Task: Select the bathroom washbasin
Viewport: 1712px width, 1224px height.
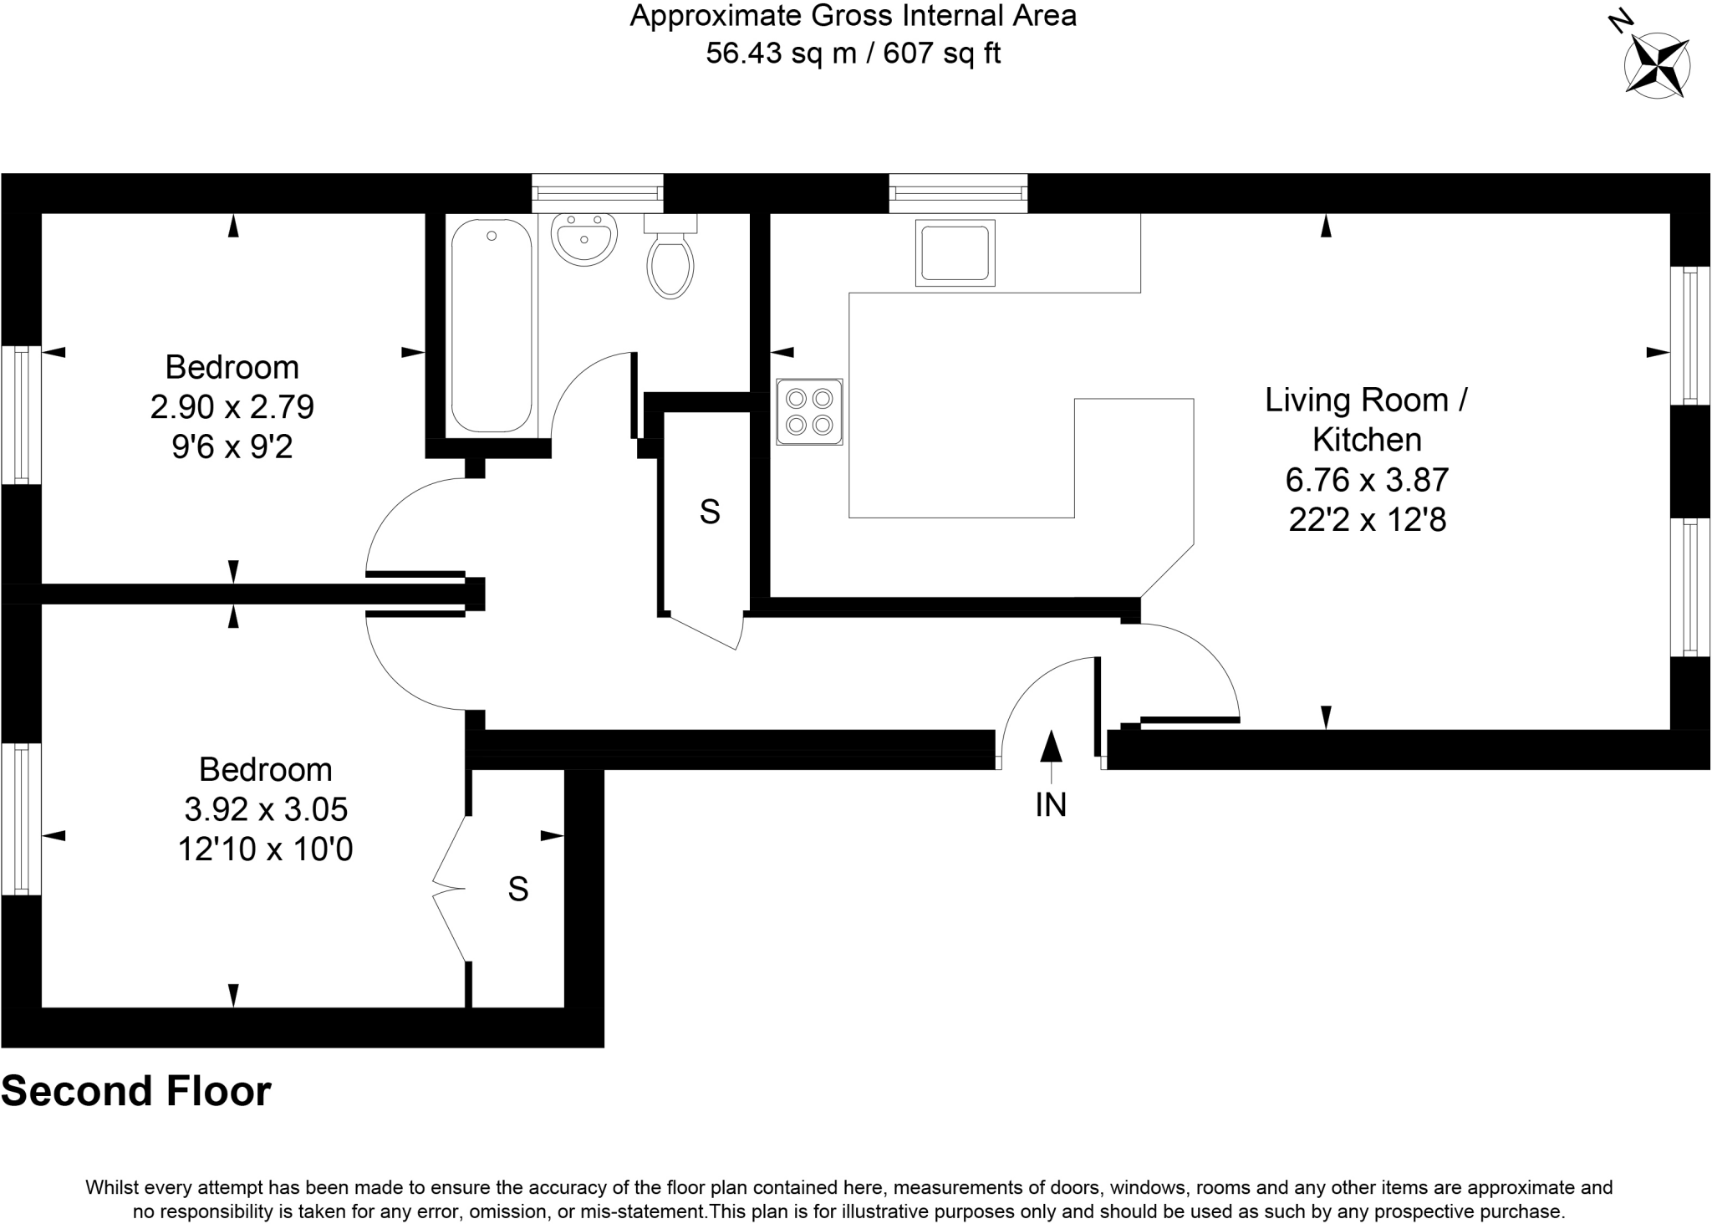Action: pyautogui.click(x=584, y=238)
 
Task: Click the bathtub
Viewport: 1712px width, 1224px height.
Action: pyautogui.click(x=492, y=326)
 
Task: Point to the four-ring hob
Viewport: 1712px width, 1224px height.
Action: pyautogui.click(x=809, y=411)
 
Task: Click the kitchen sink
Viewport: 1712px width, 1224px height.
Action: pyautogui.click(x=955, y=252)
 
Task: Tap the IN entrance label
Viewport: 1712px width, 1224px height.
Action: pyautogui.click(x=1051, y=805)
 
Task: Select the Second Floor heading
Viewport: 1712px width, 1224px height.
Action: pyautogui.click(x=136, y=1092)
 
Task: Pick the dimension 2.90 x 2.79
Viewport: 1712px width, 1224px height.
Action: pyautogui.click(x=232, y=407)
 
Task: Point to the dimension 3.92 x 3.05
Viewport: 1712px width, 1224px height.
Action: pyautogui.click(x=266, y=809)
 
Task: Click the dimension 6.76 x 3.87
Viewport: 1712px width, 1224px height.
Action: pyautogui.click(x=1367, y=480)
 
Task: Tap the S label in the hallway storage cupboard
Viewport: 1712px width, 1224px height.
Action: pyautogui.click(x=710, y=512)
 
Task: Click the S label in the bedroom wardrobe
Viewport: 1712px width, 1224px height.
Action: pyautogui.click(x=518, y=890)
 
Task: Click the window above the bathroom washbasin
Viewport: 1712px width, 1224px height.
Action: pyautogui.click(x=598, y=193)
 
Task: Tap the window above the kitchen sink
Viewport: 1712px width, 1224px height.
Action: pyautogui.click(x=958, y=193)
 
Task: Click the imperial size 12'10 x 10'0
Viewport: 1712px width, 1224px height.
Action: pyautogui.click(x=266, y=850)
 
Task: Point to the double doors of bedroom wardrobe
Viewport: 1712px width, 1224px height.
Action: pyautogui.click(x=450, y=888)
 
